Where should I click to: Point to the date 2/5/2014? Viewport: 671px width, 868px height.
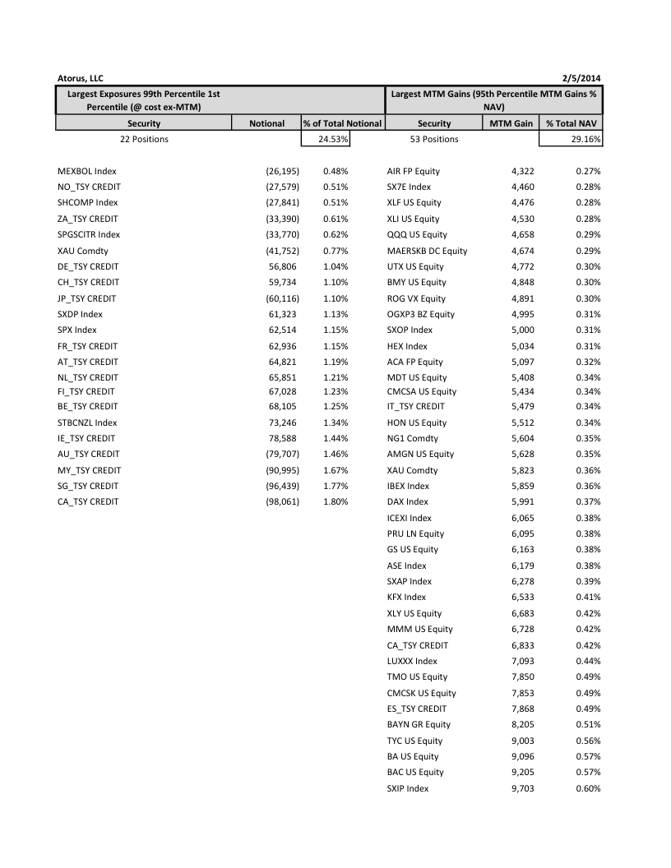point(581,78)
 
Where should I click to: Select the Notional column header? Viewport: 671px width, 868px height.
point(266,123)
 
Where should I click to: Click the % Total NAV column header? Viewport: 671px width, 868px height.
point(570,123)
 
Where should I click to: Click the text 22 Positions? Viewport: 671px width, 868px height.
point(144,139)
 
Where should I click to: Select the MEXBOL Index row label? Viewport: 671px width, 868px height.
point(87,171)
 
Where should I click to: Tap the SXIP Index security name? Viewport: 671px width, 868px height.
point(407,788)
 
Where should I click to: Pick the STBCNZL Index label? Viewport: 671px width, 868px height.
point(87,422)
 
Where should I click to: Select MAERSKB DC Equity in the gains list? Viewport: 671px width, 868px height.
point(427,251)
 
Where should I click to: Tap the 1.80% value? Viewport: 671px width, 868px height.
point(335,501)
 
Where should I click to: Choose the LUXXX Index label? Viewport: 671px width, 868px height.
point(412,661)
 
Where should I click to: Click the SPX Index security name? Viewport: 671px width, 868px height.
point(76,330)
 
